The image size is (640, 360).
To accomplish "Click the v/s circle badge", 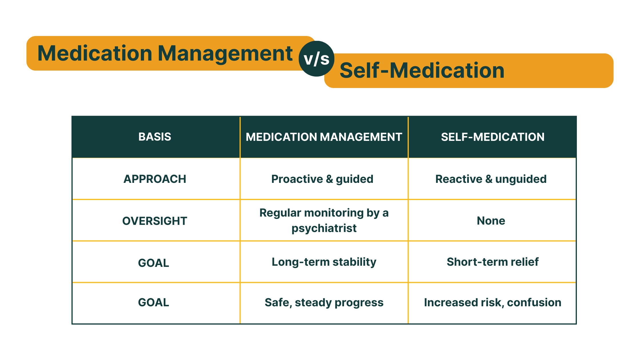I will [x=316, y=59].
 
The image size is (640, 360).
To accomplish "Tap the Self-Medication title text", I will [x=422, y=71].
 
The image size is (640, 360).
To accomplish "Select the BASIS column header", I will [x=155, y=137].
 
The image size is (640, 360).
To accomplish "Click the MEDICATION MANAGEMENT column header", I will [x=324, y=137].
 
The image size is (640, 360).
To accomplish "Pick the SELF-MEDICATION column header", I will [x=492, y=137].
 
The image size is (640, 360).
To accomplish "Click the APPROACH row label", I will [x=155, y=179].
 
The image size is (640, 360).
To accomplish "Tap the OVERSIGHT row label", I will [x=155, y=221].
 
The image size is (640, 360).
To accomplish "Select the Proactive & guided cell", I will [x=322, y=179].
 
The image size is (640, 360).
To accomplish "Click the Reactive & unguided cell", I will [x=491, y=179].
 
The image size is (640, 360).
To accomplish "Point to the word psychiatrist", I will [x=324, y=228].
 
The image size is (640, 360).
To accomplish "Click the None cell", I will [x=491, y=221].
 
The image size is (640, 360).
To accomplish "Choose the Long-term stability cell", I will [x=324, y=262].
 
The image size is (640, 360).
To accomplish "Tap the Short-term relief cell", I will [x=492, y=262].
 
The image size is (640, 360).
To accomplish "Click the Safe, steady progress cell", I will [x=324, y=303].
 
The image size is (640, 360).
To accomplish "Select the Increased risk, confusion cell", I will [x=492, y=303].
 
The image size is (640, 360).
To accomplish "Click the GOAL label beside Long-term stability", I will [x=153, y=263].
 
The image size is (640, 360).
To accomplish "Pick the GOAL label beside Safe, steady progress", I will [x=153, y=303].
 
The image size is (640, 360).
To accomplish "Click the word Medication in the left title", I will [x=95, y=53].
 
